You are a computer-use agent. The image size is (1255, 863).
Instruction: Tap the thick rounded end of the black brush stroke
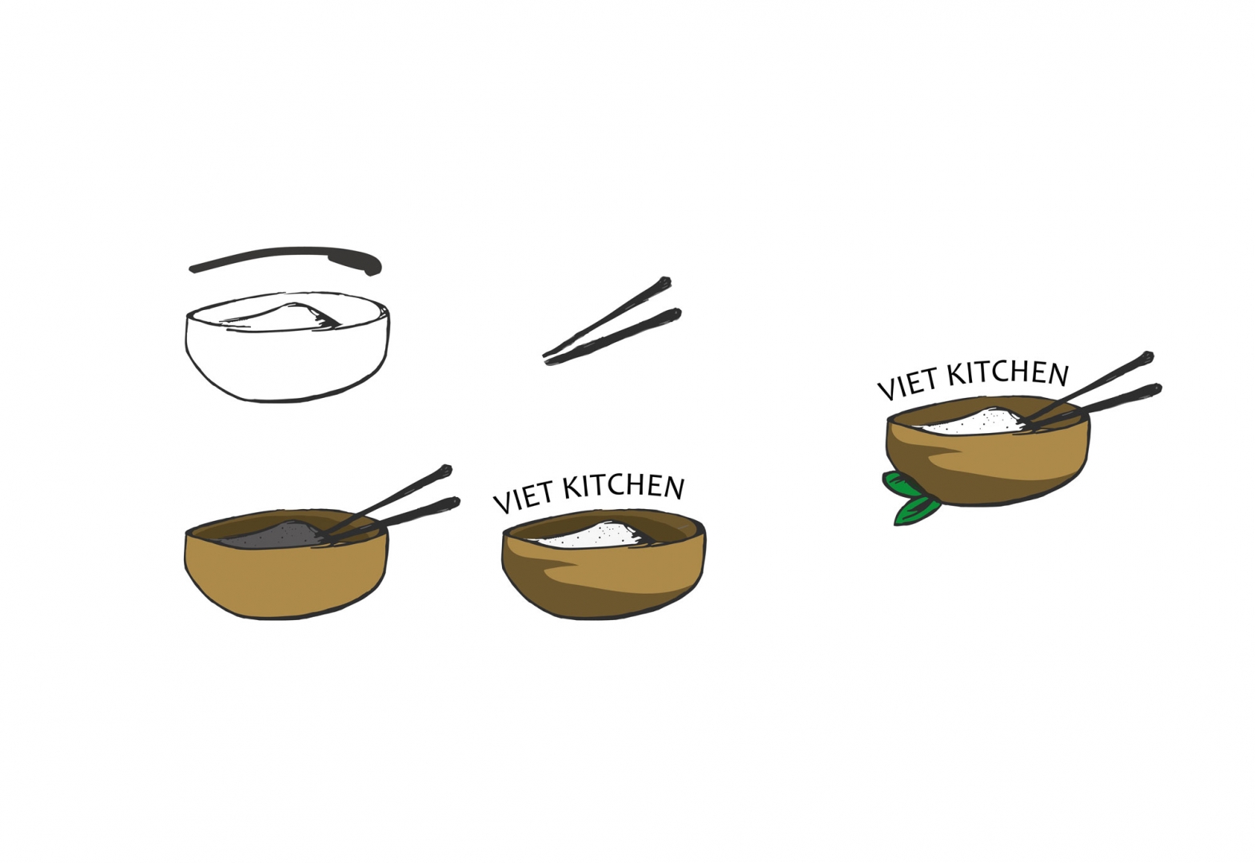pyautogui.click(x=371, y=264)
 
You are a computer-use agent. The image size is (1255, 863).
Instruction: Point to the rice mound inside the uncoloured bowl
pyautogui.click(x=283, y=316)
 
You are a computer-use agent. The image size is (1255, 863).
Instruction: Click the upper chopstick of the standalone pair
pyautogui.click(x=608, y=316)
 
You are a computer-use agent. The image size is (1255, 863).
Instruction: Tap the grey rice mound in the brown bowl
pyautogui.click(x=272, y=535)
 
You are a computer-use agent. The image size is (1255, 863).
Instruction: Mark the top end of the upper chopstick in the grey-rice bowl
pyautogui.click(x=446, y=469)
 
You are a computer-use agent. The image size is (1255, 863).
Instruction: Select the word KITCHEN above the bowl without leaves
pyautogui.click(x=624, y=487)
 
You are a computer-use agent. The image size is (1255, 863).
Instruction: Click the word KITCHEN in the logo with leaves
pyautogui.click(x=1008, y=373)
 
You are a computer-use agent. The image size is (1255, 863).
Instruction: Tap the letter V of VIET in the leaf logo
pyautogui.click(x=888, y=390)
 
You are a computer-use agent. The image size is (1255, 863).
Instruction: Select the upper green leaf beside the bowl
pyautogui.click(x=901, y=484)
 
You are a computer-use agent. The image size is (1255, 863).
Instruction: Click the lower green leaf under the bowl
pyautogui.click(x=917, y=511)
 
